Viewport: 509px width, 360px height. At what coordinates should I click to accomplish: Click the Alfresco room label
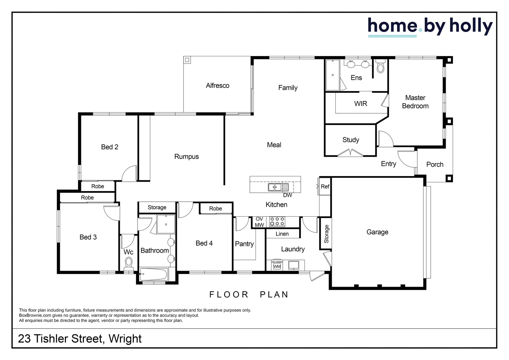click(218, 86)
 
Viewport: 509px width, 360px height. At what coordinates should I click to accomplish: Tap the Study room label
click(351, 140)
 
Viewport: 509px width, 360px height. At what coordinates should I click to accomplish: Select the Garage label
click(377, 232)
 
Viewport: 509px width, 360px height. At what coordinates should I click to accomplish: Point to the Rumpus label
click(186, 156)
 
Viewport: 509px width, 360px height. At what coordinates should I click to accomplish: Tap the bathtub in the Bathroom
click(154, 274)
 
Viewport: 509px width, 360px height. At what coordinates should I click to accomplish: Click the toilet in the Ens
click(380, 66)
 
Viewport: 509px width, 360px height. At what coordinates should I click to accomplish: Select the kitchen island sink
click(278, 187)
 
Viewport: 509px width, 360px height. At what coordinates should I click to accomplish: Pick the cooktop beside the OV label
click(277, 222)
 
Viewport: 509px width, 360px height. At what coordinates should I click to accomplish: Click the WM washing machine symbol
click(277, 266)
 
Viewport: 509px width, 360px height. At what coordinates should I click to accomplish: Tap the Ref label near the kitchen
click(325, 186)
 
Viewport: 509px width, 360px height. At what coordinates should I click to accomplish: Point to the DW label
click(287, 195)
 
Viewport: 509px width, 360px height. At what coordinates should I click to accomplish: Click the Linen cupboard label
click(282, 234)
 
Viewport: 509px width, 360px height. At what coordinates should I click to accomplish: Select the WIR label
click(361, 104)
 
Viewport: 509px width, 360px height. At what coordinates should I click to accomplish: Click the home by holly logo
click(430, 27)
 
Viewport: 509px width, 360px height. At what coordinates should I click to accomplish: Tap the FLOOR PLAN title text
click(249, 295)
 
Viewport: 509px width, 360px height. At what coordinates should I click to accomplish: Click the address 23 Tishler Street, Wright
click(80, 339)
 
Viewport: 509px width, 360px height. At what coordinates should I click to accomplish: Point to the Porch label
click(435, 164)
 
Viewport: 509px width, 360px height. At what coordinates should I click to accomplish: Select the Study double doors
click(350, 153)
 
